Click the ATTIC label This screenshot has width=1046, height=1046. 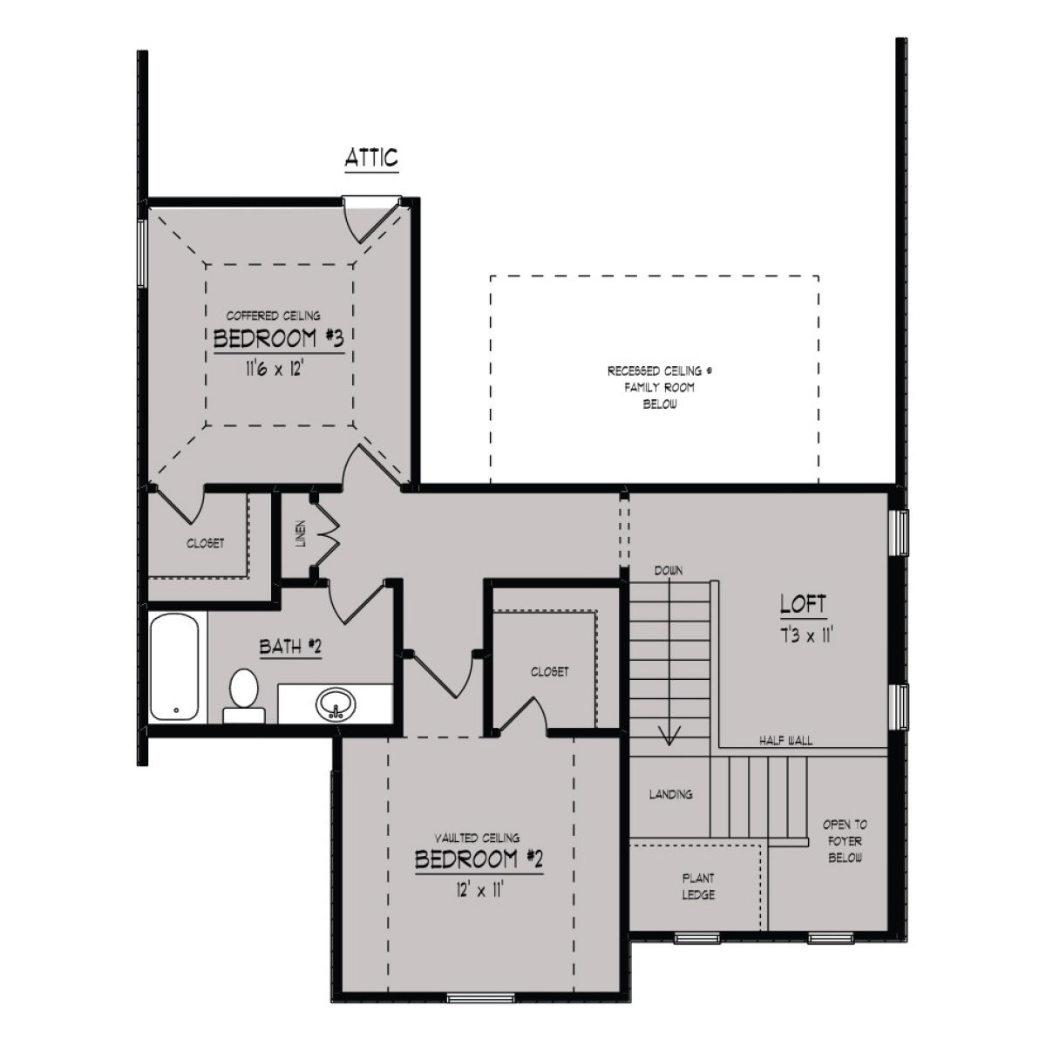[x=371, y=158]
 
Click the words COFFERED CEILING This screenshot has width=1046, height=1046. [x=274, y=316]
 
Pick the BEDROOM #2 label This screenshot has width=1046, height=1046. [x=479, y=859]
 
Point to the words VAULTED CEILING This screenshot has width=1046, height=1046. [x=479, y=838]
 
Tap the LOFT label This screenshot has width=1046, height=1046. [x=803, y=604]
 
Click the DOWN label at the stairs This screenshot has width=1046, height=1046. [x=669, y=570]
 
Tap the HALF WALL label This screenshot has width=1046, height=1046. [x=785, y=741]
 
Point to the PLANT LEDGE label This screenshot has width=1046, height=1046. [x=699, y=887]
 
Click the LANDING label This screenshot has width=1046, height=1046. [x=670, y=794]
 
